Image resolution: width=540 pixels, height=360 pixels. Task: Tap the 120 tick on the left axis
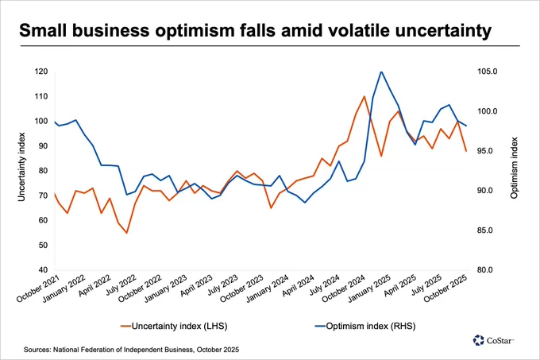click(x=40, y=72)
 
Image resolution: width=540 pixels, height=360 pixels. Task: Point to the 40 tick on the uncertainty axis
click(x=43, y=270)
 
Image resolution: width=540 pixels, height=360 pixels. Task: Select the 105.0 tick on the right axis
click(x=487, y=72)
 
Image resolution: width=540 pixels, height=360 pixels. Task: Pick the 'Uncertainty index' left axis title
click(x=21, y=167)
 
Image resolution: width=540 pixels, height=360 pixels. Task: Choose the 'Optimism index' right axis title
click(x=514, y=168)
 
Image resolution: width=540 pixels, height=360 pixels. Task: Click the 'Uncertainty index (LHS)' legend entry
click(x=174, y=326)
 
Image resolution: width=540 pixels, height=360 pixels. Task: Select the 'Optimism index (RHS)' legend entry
click(x=365, y=326)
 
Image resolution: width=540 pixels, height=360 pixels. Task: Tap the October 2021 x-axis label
click(x=38, y=288)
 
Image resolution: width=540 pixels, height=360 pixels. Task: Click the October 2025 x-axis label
click(x=445, y=288)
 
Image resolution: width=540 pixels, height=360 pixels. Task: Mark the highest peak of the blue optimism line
click(x=381, y=72)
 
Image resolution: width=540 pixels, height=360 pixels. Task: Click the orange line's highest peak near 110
click(x=364, y=96)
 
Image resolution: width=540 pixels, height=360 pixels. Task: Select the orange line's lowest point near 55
click(x=127, y=233)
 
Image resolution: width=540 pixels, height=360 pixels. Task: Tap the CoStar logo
click(x=493, y=340)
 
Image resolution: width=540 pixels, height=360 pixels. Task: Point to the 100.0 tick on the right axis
click(x=487, y=111)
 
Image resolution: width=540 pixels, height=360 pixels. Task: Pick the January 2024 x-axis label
click(x=268, y=288)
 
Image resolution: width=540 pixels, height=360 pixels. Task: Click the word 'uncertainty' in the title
click(x=443, y=31)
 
